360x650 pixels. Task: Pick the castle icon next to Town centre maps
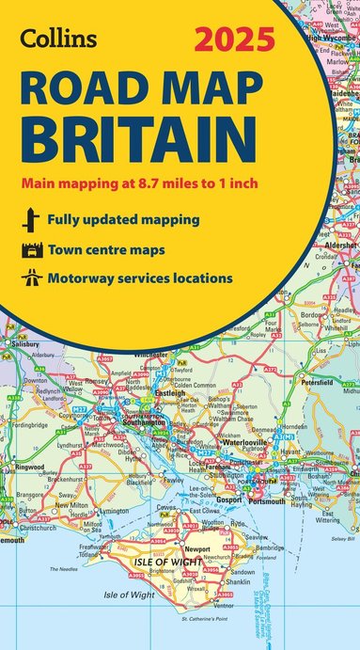pyautogui.click(x=29, y=250)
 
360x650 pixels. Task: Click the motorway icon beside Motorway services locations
pyautogui.click(x=29, y=279)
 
